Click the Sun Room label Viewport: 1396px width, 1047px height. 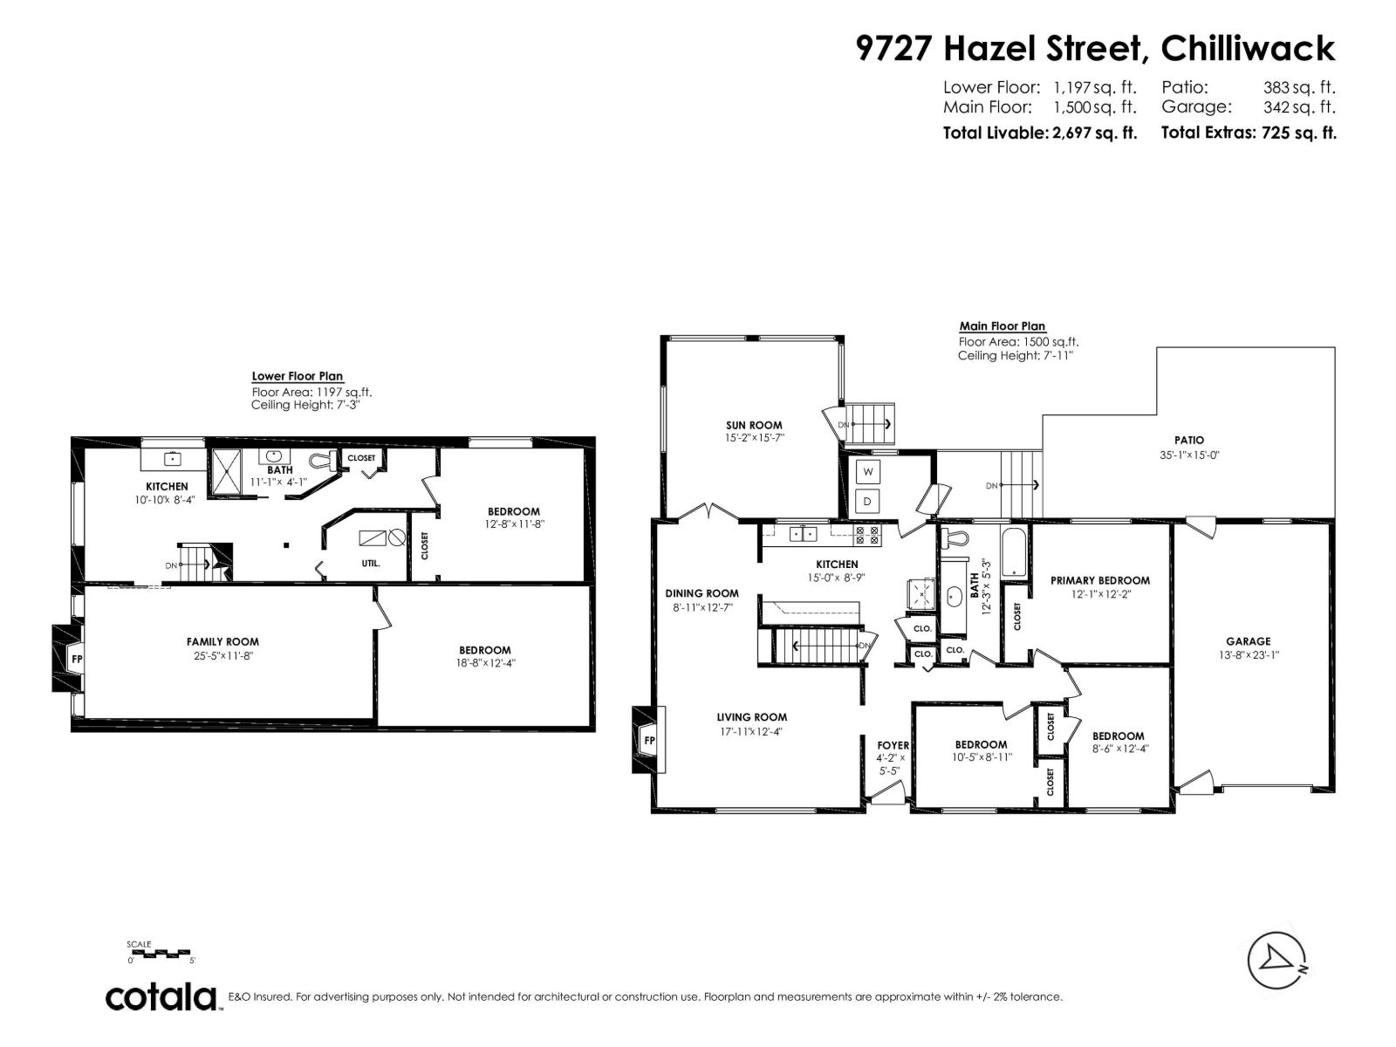(754, 426)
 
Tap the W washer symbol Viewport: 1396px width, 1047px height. (868, 472)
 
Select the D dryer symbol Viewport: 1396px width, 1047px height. (868, 502)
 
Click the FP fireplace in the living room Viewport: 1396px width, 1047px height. (648, 740)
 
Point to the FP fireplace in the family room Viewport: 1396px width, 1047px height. (76, 659)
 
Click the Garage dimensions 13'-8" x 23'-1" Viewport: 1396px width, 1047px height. (1249, 654)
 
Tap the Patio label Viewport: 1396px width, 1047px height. (1188, 441)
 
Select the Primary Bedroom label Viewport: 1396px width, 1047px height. (1099, 580)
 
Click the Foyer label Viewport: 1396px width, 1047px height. (893, 745)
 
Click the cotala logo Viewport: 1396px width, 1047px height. (161, 996)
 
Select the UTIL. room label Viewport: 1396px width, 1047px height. (371, 564)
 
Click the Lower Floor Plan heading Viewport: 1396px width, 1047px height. (297, 376)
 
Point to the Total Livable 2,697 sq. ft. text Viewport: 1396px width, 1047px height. (1039, 133)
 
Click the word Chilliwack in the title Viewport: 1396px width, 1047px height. (1248, 48)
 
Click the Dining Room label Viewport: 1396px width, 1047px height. (701, 593)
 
